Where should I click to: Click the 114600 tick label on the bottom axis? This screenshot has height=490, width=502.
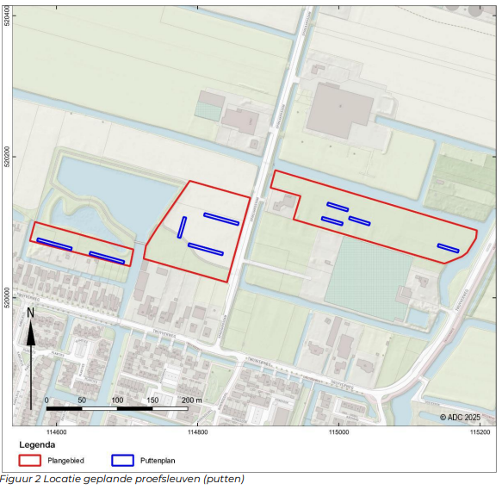pyautogui.click(x=57, y=431)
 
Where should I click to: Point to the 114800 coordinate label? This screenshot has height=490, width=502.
pyautogui.click(x=198, y=431)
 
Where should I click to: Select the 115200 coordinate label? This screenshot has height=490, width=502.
pyautogui.click(x=480, y=431)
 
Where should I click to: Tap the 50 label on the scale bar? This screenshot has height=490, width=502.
pyautogui.click(x=82, y=400)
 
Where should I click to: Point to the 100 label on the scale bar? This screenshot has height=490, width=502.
pyautogui.click(x=117, y=400)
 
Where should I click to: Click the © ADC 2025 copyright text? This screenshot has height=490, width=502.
pyautogui.click(x=465, y=417)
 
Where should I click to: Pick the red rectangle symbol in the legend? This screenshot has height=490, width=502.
pyautogui.click(x=30, y=461)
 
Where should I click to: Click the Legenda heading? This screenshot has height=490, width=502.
pyautogui.click(x=37, y=445)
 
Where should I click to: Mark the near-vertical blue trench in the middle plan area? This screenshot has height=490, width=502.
pyautogui.click(x=182, y=227)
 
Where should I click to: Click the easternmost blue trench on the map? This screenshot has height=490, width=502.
pyautogui.click(x=448, y=249)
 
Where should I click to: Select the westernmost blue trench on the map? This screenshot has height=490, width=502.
pyautogui.click(x=54, y=244)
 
